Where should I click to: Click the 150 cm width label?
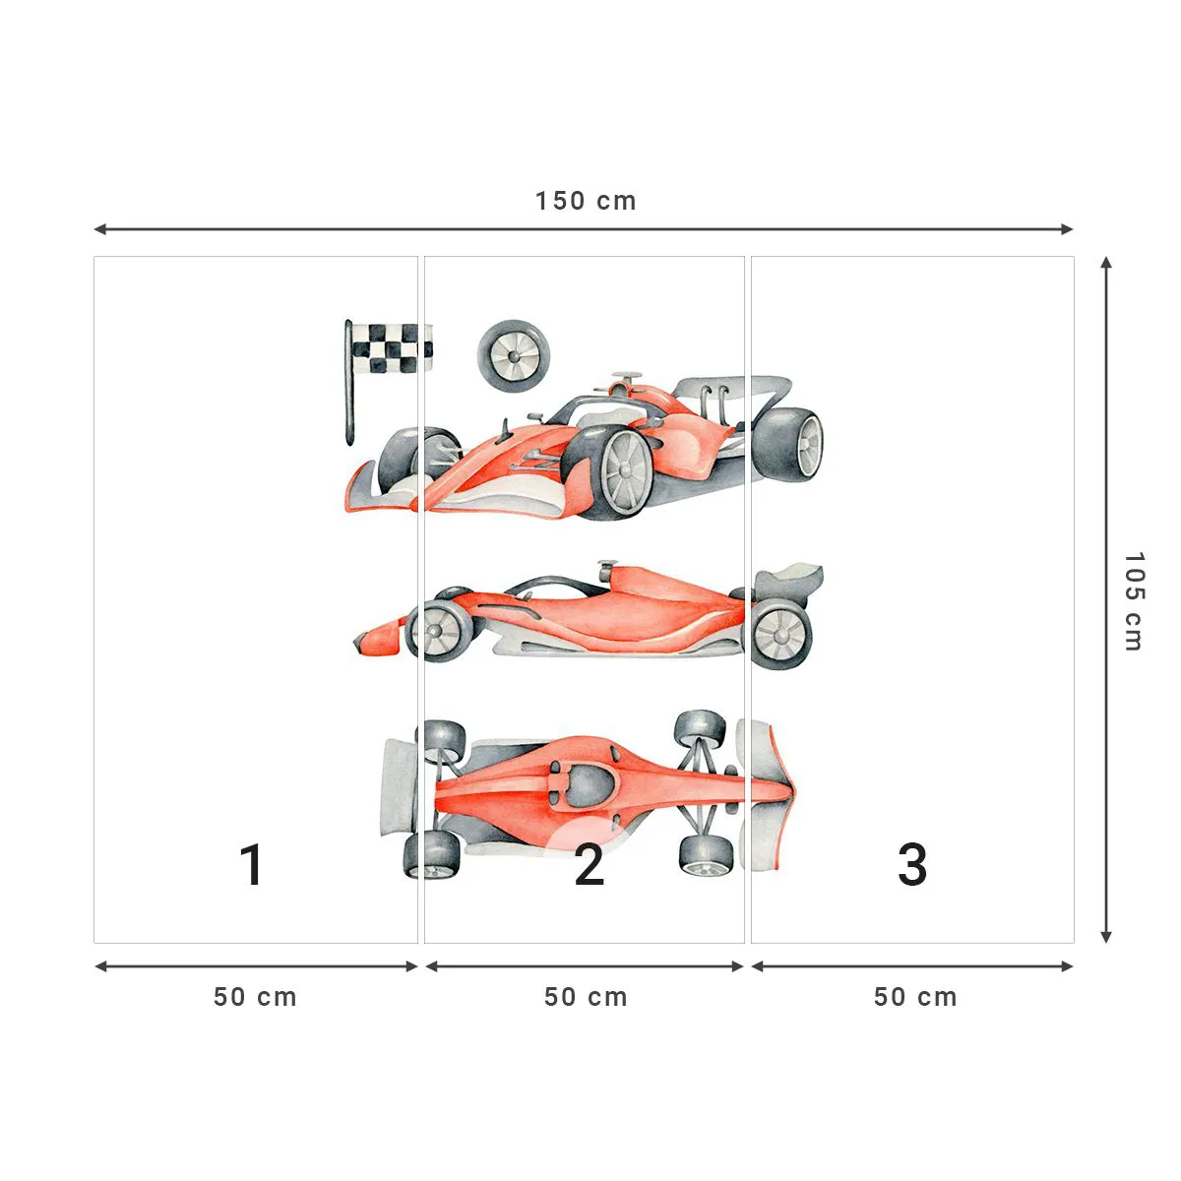tap(586, 201)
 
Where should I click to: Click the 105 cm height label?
tap(1133, 600)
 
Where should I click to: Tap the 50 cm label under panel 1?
tap(255, 997)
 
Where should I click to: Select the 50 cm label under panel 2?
tap(586, 997)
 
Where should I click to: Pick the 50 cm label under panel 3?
tap(915, 997)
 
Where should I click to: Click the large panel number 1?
tap(252, 865)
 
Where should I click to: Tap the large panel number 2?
tap(589, 865)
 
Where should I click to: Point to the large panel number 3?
tap(912, 865)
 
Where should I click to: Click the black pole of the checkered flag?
tap(348, 394)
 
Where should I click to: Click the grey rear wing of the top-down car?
tap(398, 787)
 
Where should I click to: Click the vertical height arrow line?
tap(1106, 600)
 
